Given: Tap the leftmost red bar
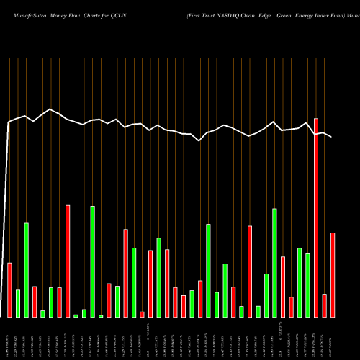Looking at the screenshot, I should click(10, 290).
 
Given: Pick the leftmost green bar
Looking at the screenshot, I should click(18, 303).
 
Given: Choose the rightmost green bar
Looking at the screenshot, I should click(307, 285).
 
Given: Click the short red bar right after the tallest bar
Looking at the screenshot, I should click(325, 306).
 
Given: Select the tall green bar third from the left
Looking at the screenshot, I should click(27, 270).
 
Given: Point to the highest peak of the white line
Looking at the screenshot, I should click(50, 109).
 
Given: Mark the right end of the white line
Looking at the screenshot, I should click(332, 137).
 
